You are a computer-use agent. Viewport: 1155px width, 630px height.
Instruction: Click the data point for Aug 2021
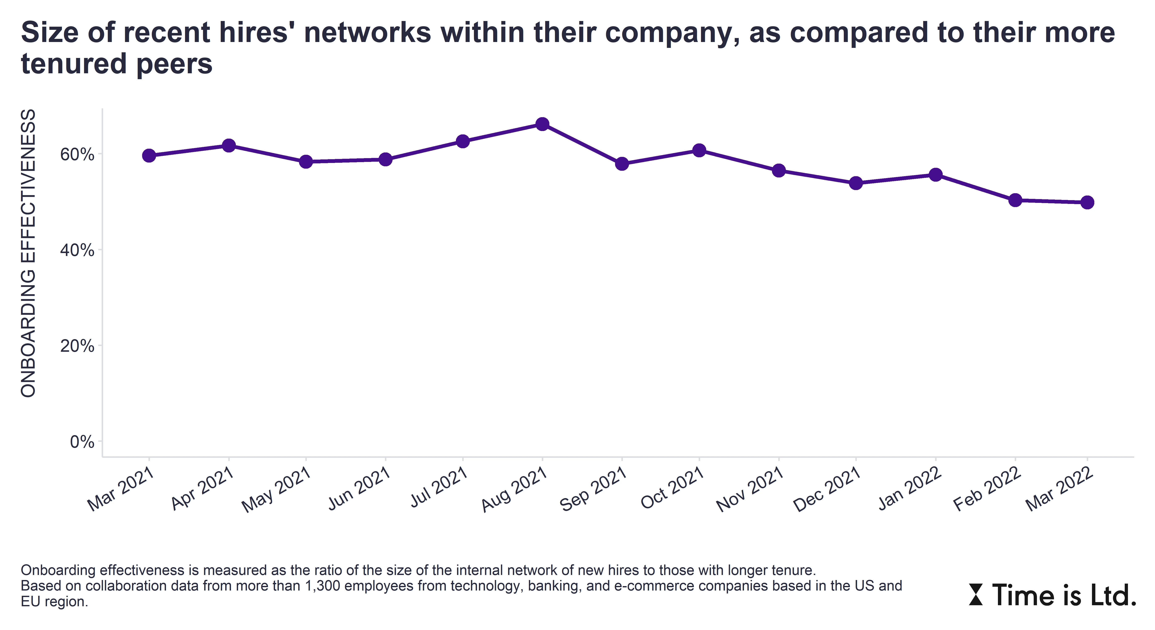click(542, 124)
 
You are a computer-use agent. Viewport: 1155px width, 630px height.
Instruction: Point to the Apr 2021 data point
click(229, 145)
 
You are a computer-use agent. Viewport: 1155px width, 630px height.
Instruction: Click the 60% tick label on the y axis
click(77, 155)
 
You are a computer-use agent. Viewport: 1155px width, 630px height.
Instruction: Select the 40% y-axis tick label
click(77, 250)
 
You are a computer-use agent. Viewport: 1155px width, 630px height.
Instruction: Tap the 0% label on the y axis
click(82, 442)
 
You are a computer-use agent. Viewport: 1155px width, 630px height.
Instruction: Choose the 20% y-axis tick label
click(77, 346)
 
